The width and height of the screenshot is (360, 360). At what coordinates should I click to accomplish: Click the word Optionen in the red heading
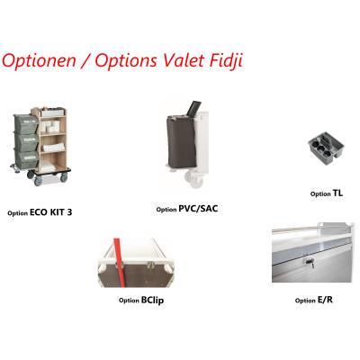pyautogui.click(x=39, y=60)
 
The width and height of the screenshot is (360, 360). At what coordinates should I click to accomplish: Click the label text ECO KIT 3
pyautogui.click(x=51, y=212)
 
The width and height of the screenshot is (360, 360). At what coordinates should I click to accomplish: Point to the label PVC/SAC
pyautogui.click(x=198, y=209)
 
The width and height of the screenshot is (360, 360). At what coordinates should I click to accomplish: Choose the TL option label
pyautogui.click(x=337, y=193)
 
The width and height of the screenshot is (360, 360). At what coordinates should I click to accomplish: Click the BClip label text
pyautogui.click(x=152, y=301)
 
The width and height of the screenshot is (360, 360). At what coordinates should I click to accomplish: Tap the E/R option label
pyautogui.click(x=325, y=300)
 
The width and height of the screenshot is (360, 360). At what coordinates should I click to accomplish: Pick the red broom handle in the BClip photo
pyautogui.click(x=119, y=262)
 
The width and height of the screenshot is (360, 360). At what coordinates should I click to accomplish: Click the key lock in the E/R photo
pyautogui.click(x=310, y=262)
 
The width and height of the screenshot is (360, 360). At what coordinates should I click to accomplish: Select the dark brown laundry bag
pyautogui.click(x=182, y=141)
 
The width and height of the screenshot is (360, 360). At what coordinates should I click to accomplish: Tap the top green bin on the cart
pyautogui.click(x=26, y=124)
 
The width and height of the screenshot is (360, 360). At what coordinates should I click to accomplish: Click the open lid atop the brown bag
pyautogui.click(x=193, y=108)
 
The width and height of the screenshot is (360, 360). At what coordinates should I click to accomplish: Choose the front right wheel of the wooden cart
pyautogui.click(x=64, y=177)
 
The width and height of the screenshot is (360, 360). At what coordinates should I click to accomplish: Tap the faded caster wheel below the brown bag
pyautogui.click(x=194, y=178)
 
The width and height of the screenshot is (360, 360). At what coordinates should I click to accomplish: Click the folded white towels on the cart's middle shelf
pyautogui.click(x=52, y=147)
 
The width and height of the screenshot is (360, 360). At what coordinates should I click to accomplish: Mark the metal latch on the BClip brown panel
pyautogui.click(x=150, y=265)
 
